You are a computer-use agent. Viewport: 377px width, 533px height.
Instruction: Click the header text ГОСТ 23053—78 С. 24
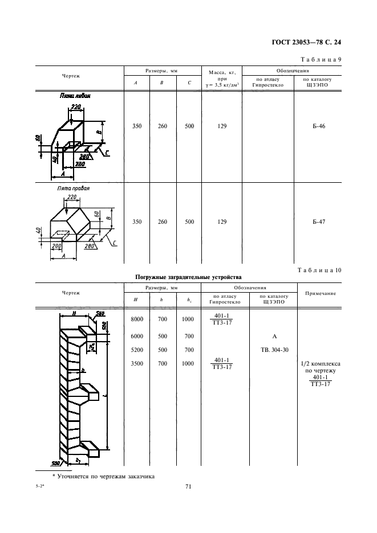click(307, 42)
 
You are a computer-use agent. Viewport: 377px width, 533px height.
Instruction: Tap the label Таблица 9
click(320, 59)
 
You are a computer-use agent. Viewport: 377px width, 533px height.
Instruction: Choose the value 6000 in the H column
click(137, 336)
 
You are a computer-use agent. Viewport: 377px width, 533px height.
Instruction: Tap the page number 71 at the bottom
click(188, 486)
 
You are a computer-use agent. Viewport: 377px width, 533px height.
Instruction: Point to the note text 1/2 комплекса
click(319, 363)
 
